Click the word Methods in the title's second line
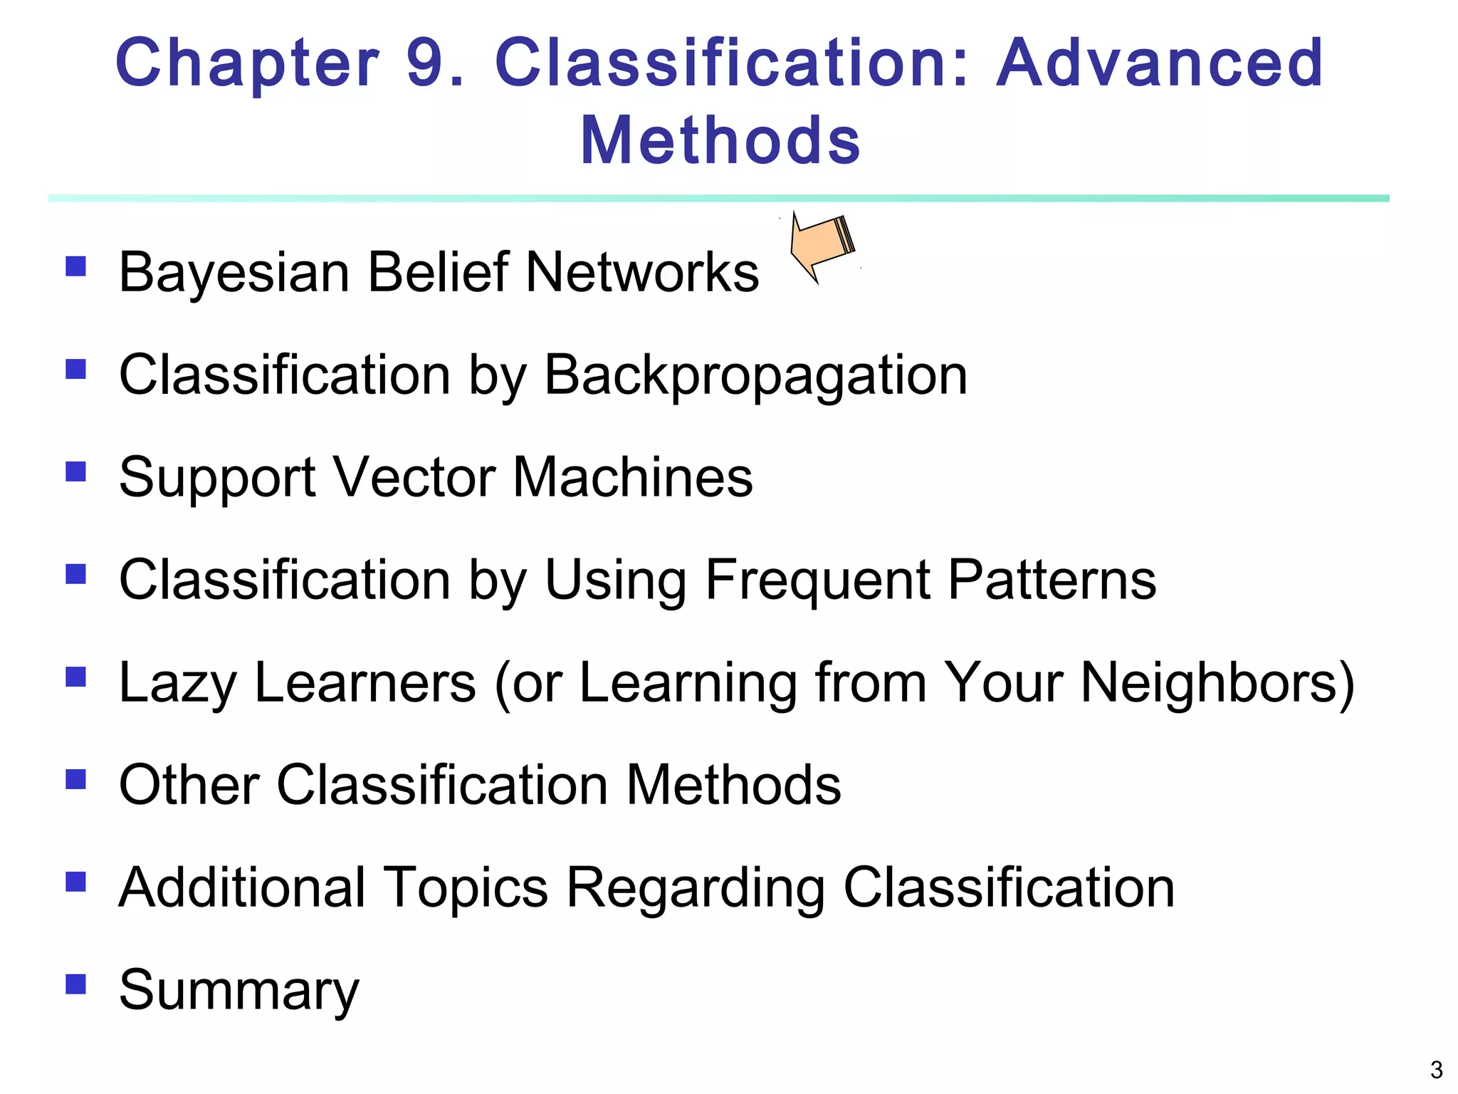click(720, 140)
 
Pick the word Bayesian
click(234, 273)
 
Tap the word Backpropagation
click(755, 375)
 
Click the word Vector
click(414, 477)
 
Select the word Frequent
click(817, 580)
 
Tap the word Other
click(189, 785)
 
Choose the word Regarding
click(696, 888)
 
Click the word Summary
click(239, 991)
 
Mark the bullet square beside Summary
click(75, 984)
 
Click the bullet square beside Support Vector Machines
click(75, 472)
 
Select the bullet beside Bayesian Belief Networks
click(75, 266)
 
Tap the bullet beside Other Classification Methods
click(75, 778)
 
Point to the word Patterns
click(1052, 580)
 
